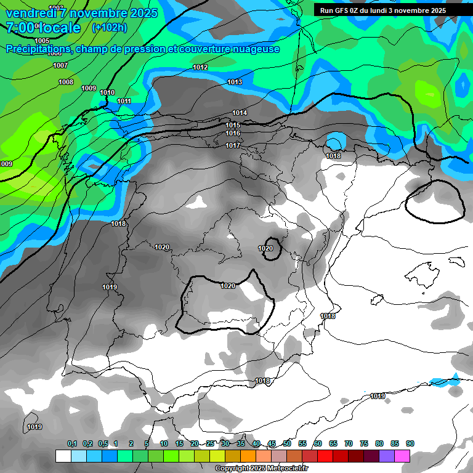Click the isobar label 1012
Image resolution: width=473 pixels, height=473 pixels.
pos(200,67)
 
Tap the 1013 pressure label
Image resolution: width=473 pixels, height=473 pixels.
pos(235,82)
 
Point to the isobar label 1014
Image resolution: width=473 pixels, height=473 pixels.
pos(240,113)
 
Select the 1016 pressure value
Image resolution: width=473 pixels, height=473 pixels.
pos(233,133)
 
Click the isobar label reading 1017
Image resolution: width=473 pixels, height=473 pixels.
pos(233,145)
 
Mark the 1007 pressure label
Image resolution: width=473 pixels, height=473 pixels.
pos(60,65)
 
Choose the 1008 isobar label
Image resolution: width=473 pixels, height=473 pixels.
pos(66,82)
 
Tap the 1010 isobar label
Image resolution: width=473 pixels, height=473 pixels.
pos(107,92)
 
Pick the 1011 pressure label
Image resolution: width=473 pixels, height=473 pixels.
pos(124,101)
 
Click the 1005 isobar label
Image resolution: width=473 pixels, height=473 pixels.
pos(42,41)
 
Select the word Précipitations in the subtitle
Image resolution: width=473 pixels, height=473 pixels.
pos(36,49)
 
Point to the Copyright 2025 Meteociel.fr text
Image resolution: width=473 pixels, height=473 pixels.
pos(261,469)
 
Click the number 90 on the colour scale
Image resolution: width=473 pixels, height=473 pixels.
pos(410,443)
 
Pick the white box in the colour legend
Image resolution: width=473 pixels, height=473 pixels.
pos(63,456)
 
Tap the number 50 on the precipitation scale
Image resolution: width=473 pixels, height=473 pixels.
pos(287,443)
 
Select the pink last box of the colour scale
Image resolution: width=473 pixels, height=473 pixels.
pos(402,456)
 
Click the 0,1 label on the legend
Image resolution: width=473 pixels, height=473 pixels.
pos(72,443)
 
